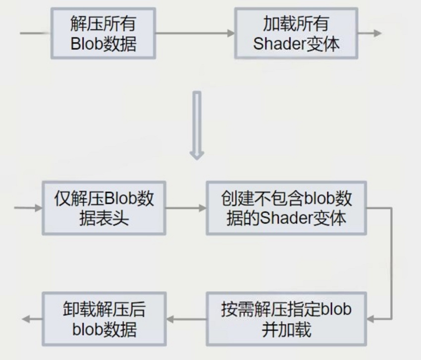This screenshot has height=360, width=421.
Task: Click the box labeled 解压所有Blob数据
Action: (x=103, y=33)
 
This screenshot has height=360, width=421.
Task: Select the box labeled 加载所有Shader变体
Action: (x=296, y=33)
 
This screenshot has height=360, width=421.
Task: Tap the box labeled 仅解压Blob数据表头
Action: (x=104, y=208)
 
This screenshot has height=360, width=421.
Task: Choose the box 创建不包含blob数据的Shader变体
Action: (x=286, y=208)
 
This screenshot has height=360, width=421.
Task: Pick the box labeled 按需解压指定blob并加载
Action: (x=286, y=319)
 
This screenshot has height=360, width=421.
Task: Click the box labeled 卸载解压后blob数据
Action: (x=104, y=319)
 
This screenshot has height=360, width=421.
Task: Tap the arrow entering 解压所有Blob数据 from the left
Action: (x=35, y=33)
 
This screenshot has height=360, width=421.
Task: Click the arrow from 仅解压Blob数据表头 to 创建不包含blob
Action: (x=186, y=208)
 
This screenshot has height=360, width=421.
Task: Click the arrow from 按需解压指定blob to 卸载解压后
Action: (x=186, y=319)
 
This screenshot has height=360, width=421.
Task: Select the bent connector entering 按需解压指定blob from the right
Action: (x=391, y=263)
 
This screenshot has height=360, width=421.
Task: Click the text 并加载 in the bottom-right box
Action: (x=286, y=329)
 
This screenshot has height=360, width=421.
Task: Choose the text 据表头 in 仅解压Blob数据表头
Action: (x=104, y=219)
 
